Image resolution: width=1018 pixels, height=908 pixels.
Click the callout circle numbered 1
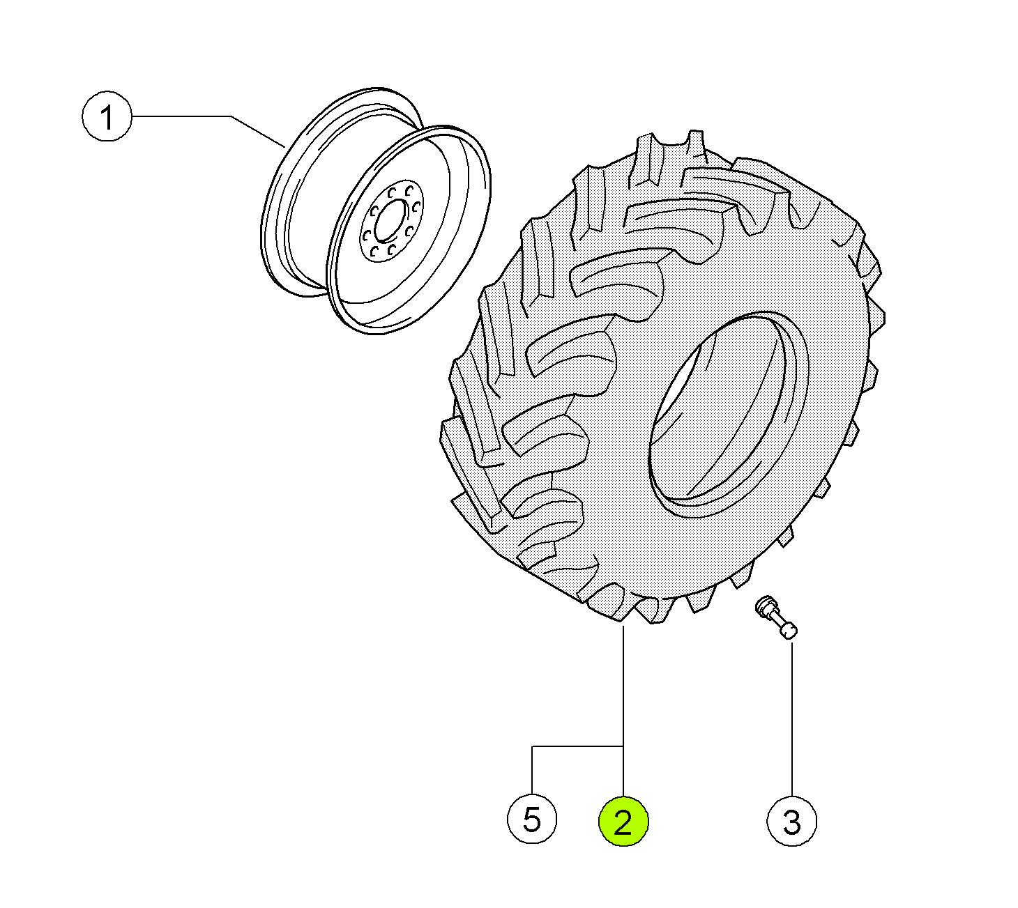pyautogui.click(x=107, y=116)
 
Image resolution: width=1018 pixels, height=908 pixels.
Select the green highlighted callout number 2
pyautogui.click(x=623, y=821)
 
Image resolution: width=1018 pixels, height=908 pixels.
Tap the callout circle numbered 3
pyautogui.click(x=791, y=821)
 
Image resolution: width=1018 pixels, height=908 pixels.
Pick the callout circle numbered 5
pyautogui.click(x=532, y=819)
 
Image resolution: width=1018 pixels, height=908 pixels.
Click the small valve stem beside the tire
pyautogui.click(x=776, y=617)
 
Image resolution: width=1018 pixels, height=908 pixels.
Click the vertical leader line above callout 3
pyautogui.click(x=792, y=718)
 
